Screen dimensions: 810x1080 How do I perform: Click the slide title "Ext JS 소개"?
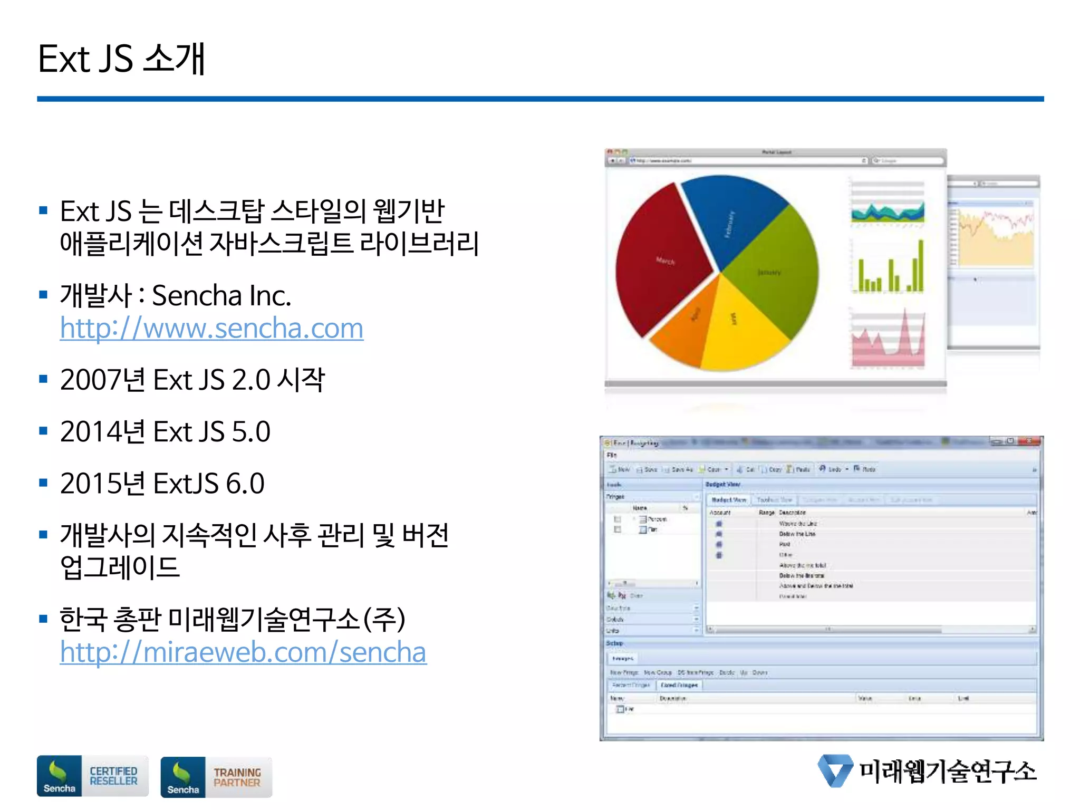tap(121, 59)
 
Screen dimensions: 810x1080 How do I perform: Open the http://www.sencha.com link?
tap(211, 328)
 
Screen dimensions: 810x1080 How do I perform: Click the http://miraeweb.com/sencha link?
tap(243, 652)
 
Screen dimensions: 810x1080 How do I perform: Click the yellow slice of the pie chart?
tap(738, 327)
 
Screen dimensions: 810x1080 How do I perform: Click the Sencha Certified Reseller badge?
tap(92, 776)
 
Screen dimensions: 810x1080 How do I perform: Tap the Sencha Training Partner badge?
tap(216, 777)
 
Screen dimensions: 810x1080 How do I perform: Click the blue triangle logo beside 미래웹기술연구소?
tap(835, 770)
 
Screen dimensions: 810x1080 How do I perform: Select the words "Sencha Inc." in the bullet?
tap(221, 295)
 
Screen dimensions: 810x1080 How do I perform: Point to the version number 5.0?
tap(251, 431)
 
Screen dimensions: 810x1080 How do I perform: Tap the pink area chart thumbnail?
tap(889, 340)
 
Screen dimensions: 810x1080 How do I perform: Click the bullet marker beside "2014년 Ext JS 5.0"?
tap(43, 431)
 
